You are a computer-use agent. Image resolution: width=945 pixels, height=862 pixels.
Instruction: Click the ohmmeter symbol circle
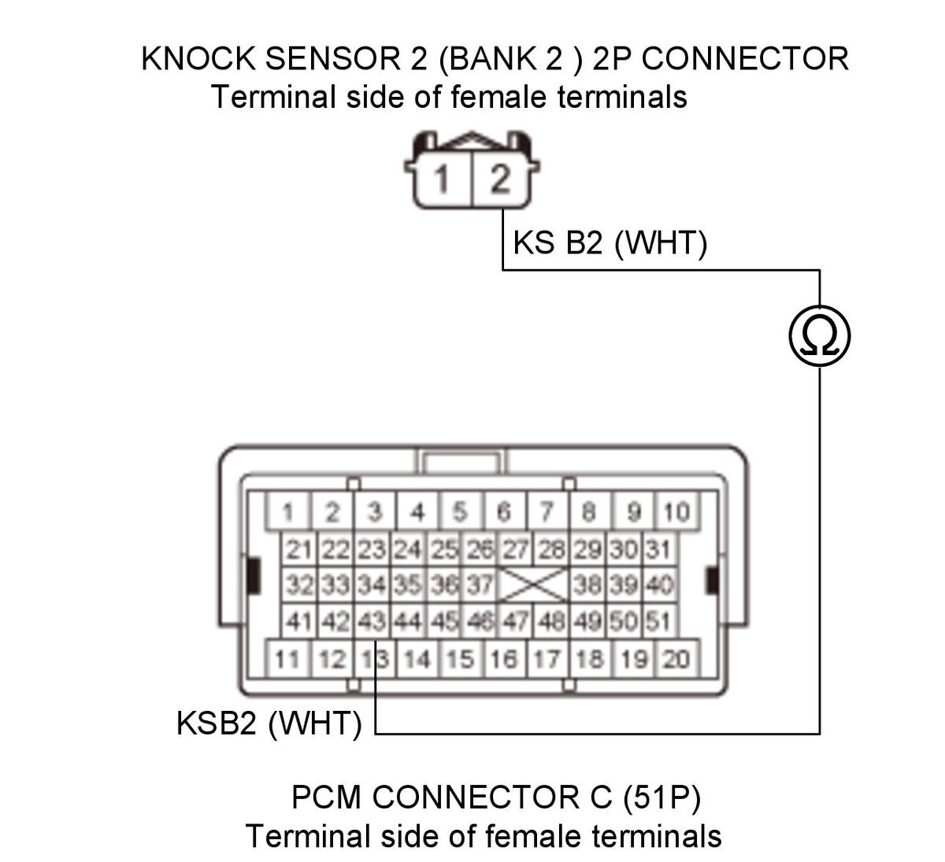[x=820, y=336]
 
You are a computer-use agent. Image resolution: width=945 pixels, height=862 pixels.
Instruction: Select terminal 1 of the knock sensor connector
[x=443, y=178]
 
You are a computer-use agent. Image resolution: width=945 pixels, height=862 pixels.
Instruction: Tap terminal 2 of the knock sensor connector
[x=500, y=178]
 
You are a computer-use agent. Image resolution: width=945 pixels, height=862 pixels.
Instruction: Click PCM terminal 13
[x=375, y=659]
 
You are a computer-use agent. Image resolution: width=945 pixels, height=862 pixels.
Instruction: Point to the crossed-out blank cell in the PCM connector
[x=533, y=585]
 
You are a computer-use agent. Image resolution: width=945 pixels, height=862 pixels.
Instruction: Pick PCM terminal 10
[x=677, y=511]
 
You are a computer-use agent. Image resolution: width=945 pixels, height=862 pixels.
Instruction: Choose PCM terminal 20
[x=677, y=659]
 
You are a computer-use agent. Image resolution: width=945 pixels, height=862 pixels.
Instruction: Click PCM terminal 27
[x=515, y=549]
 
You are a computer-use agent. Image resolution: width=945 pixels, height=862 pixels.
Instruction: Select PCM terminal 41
[x=299, y=621]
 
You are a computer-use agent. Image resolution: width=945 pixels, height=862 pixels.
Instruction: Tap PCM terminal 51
[x=659, y=621]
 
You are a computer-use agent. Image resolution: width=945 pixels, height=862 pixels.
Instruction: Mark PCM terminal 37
[x=480, y=585]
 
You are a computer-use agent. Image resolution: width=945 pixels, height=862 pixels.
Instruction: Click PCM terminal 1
[x=288, y=511]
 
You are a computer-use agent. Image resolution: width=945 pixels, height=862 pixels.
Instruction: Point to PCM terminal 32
[x=299, y=585]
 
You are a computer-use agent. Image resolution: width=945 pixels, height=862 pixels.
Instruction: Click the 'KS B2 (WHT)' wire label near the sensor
[x=610, y=243]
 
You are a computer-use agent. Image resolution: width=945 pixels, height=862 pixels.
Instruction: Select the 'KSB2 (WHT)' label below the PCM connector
[x=269, y=723]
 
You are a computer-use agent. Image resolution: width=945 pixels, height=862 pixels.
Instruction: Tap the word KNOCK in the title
[x=198, y=59]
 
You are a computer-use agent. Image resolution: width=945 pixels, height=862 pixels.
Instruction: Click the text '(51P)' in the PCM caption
[x=662, y=797]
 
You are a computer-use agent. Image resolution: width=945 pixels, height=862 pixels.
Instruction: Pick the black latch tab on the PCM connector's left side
[x=254, y=575]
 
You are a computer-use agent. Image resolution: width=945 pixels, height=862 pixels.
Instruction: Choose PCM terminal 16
[x=503, y=659]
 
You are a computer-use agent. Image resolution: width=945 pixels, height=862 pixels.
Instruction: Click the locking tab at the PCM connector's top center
[x=461, y=461]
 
